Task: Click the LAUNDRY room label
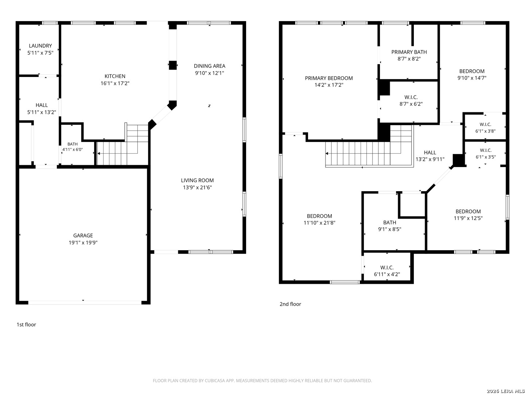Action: coord(40,46)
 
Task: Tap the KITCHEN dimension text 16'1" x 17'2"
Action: coord(115,83)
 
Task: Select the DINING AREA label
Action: coord(209,66)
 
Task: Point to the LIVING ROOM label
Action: coord(197,180)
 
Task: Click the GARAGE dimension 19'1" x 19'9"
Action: coord(83,243)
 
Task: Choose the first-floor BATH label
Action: coord(73,144)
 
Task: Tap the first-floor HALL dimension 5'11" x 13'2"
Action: coord(42,112)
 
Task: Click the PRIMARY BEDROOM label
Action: coord(328,78)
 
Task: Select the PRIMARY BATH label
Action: coord(409,52)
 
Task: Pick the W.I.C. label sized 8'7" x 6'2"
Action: coord(411,97)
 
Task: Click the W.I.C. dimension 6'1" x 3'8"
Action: coord(485,131)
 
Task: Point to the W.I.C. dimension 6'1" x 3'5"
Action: coord(485,157)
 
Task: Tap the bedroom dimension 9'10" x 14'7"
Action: coord(472,78)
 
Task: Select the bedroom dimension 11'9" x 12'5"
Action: coord(468,218)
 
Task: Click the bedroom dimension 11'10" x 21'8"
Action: coord(319,223)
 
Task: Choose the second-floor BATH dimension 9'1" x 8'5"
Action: coord(389,229)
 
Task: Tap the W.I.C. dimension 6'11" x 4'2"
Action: coord(387,274)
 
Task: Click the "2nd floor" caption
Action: coord(290,304)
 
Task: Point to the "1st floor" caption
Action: coord(26,325)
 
